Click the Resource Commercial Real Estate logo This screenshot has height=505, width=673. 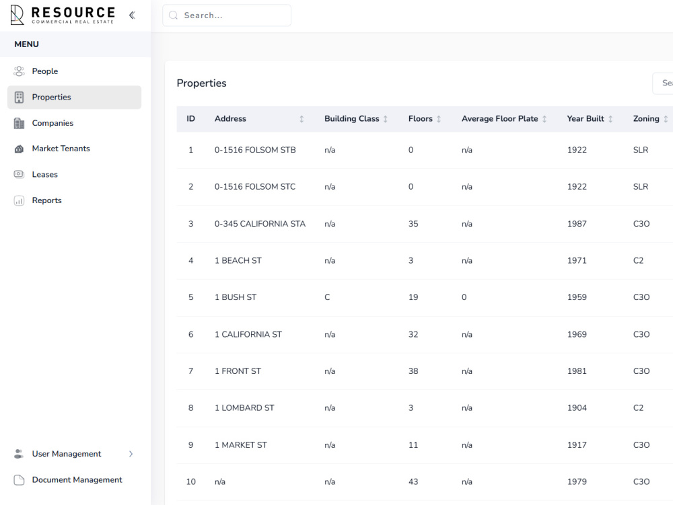pos(62,15)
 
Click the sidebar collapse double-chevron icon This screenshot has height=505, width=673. pos(132,15)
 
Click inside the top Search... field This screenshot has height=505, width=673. pos(227,15)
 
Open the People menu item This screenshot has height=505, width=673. pos(44,71)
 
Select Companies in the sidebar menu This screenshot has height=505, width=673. pos(52,123)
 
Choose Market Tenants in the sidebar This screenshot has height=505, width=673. pos(61,149)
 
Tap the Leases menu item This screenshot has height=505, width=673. pos(44,174)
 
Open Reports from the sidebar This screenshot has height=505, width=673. pos(47,200)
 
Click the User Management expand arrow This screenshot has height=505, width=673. pos(131,454)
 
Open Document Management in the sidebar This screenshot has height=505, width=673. pos(77,479)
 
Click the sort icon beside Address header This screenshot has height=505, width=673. pos(302,119)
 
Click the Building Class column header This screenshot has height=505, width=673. pos(351,119)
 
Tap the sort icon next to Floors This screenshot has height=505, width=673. pos(439,119)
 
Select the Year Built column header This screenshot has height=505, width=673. pos(586,119)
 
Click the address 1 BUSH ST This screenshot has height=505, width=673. pos(235,297)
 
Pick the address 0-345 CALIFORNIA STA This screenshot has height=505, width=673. pos(260,224)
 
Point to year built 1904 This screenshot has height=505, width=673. pos(577,407)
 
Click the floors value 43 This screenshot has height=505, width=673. pos(413,482)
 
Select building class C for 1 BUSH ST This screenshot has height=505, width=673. pos(327,297)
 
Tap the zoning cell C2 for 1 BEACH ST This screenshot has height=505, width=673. pos(638,261)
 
